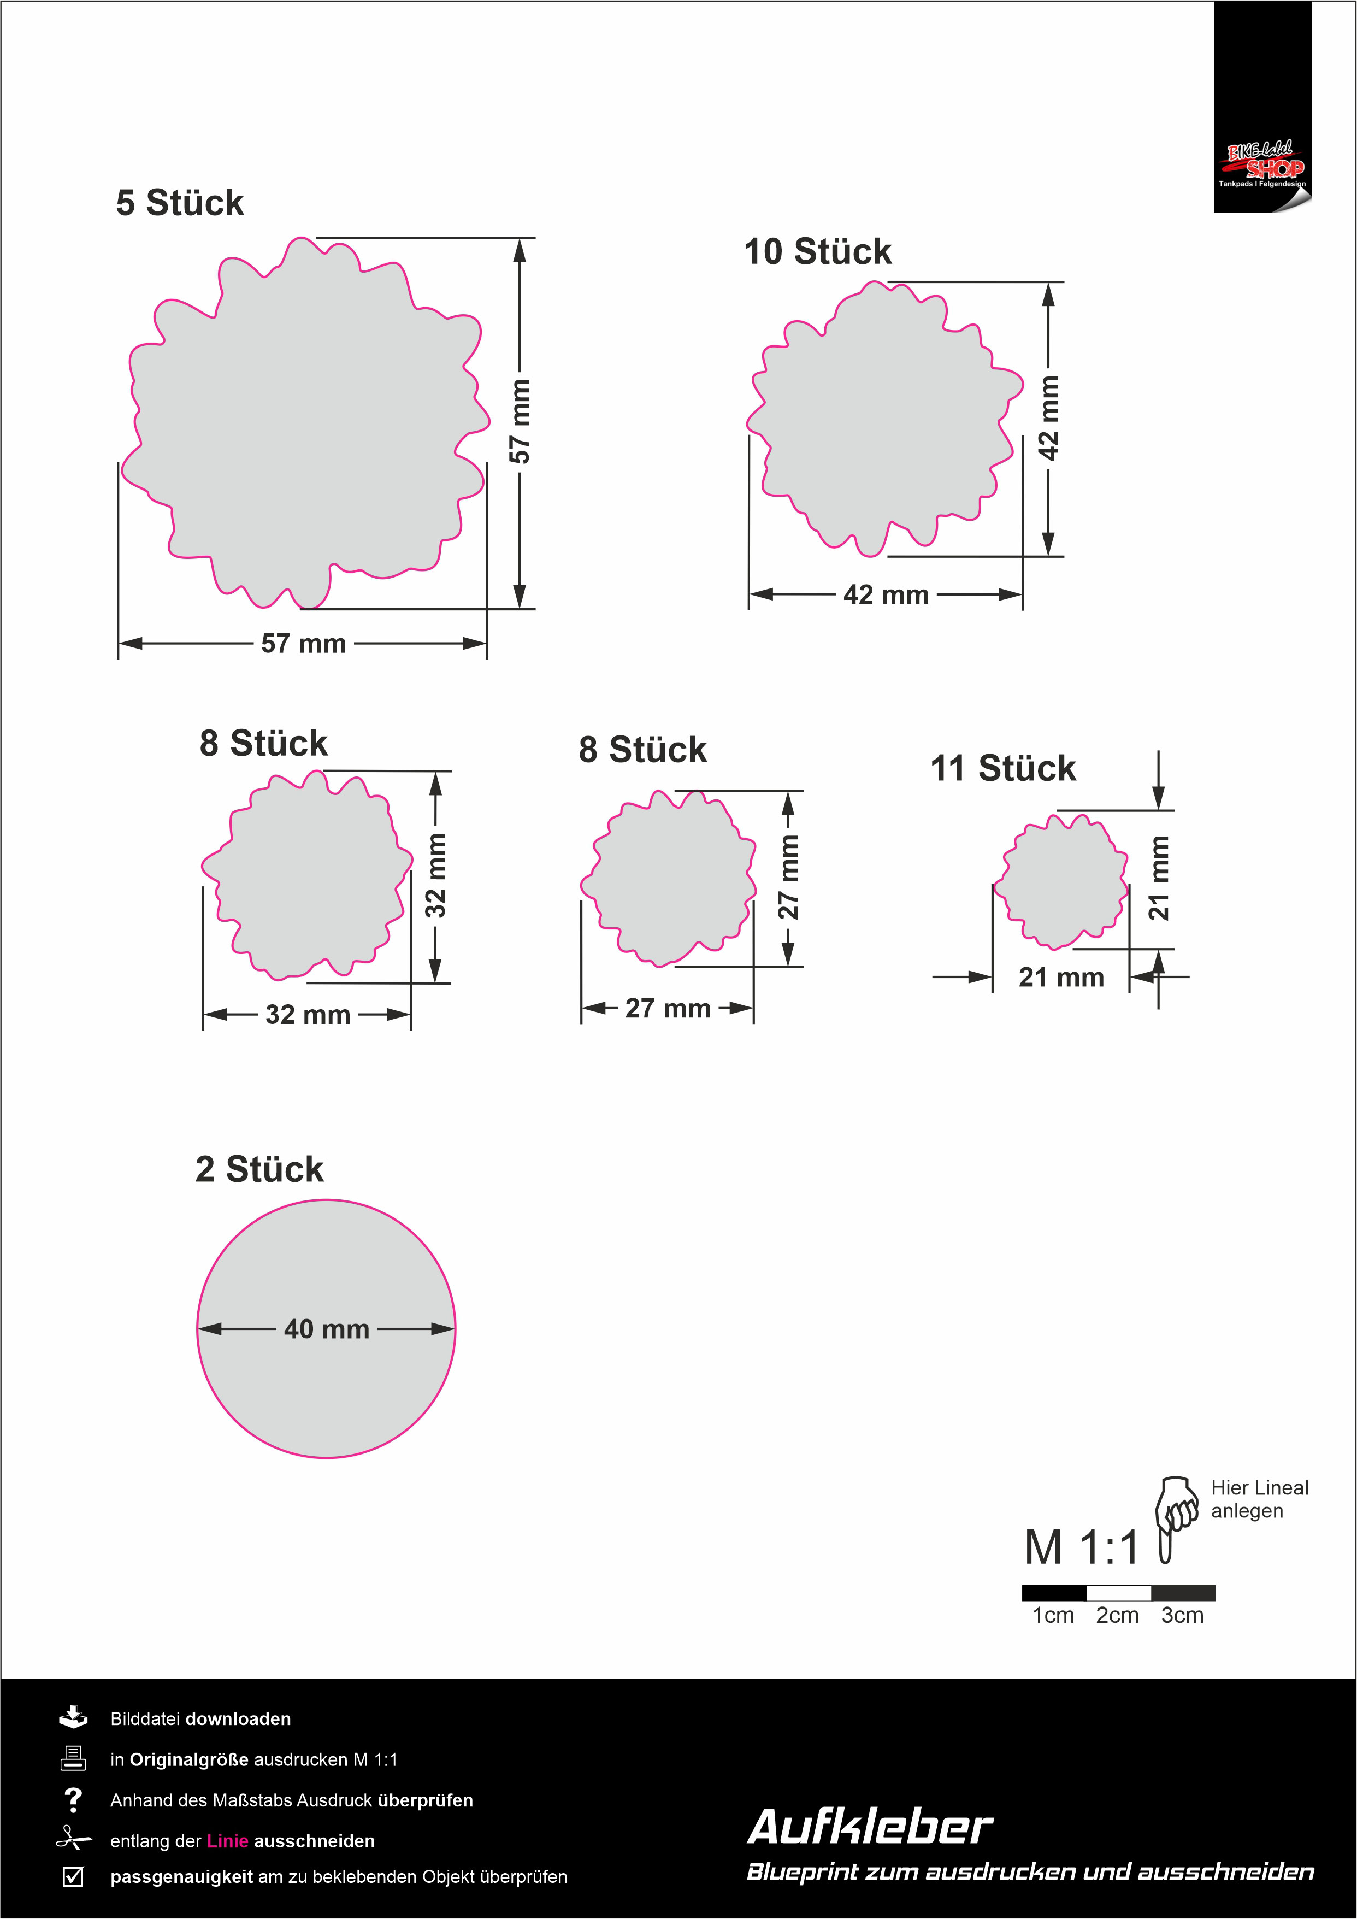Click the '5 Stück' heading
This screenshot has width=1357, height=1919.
click(x=180, y=203)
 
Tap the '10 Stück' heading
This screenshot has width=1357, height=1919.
click(x=818, y=251)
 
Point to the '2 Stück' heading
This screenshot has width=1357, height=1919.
click(x=259, y=1169)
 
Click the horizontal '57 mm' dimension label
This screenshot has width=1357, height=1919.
click(x=303, y=644)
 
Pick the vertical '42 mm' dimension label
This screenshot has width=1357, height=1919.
click(x=1049, y=418)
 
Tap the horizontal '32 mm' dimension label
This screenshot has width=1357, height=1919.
click(x=308, y=1015)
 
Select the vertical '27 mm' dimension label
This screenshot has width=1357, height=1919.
click(x=789, y=877)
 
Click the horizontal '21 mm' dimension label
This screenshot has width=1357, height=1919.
click(x=1061, y=977)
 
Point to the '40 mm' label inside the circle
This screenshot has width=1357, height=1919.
click(x=327, y=1329)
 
